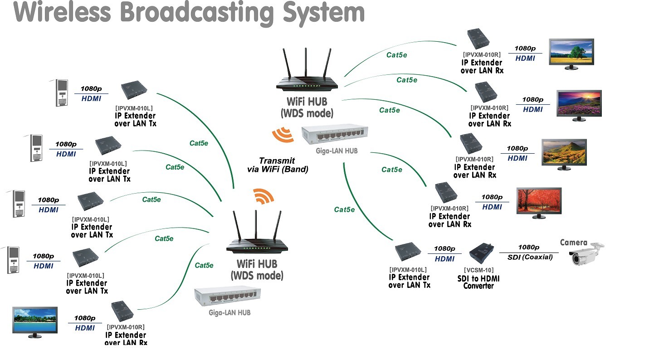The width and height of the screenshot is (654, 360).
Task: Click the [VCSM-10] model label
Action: (478, 270)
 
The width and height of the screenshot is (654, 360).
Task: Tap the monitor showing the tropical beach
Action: (35, 321)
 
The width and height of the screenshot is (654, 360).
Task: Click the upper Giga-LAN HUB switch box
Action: (335, 136)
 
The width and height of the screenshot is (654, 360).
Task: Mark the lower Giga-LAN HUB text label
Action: (229, 312)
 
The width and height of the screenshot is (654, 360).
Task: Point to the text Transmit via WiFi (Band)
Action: (277, 165)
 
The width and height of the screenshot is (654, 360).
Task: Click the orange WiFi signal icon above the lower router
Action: (264, 196)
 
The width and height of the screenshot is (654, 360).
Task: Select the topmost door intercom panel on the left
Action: (61, 93)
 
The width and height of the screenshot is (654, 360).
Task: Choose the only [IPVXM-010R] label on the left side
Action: (126, 327)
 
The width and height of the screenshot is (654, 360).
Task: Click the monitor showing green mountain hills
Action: (564, 153)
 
